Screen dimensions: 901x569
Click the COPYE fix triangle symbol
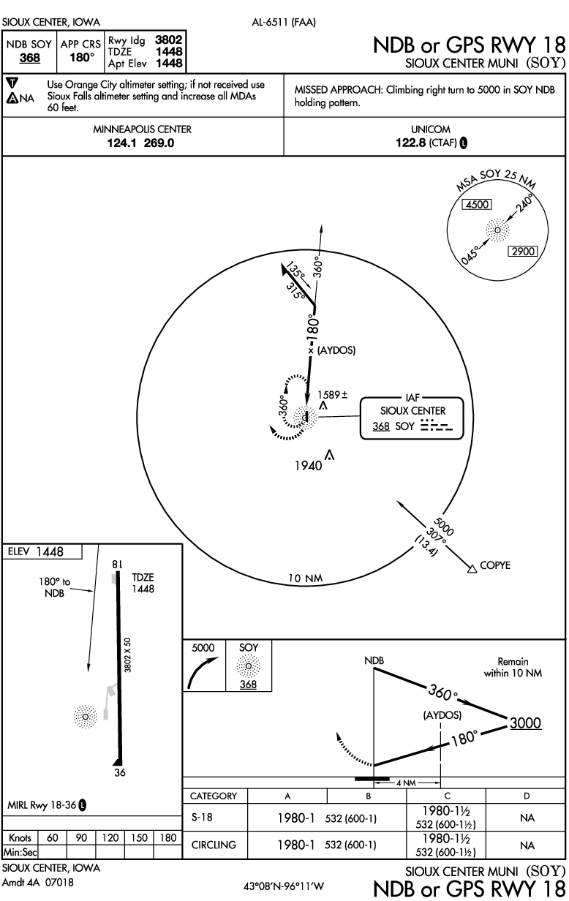(470, 565)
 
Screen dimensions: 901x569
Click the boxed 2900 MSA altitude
(523, 251)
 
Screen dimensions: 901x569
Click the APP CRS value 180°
(80, 56)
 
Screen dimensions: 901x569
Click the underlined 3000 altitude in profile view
(525, 723)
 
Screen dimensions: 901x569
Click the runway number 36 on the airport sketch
(118, 772)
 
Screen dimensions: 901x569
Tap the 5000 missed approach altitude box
(203, 647)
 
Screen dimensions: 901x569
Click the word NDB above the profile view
(374, 660)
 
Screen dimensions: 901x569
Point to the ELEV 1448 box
(41, 551)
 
